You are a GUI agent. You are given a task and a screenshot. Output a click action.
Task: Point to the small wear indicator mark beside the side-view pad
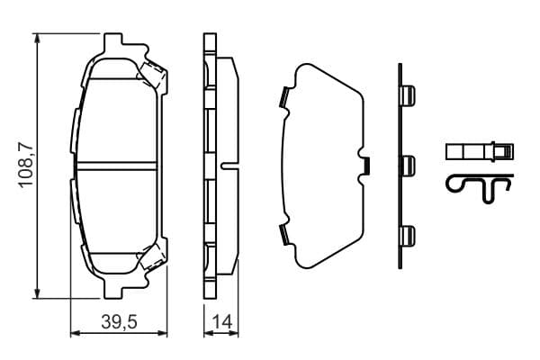click(229, 165)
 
